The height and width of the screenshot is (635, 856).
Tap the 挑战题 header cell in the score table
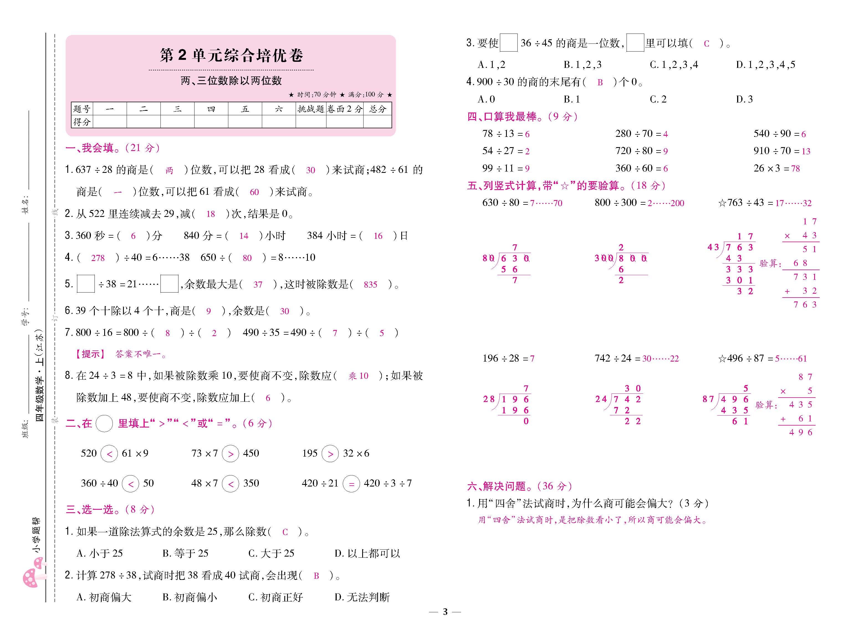pos(311,109)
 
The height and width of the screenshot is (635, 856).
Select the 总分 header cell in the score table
pos(377,109)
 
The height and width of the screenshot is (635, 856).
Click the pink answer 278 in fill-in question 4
pos(98,258)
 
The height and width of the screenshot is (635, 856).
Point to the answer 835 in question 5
pos(370,285)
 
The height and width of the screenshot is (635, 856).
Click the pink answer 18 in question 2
pos(210,214)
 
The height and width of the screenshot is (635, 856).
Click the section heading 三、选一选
pos(110,510)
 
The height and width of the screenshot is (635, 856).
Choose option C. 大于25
pos(271,554)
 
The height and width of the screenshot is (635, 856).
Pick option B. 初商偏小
pos(190,597)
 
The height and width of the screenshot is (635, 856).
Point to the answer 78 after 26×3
pos(795,168)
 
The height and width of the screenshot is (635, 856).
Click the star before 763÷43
pos(722,203)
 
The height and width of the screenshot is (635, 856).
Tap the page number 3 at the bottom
pos(445,611)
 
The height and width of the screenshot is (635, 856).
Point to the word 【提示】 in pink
pos(90,354)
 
